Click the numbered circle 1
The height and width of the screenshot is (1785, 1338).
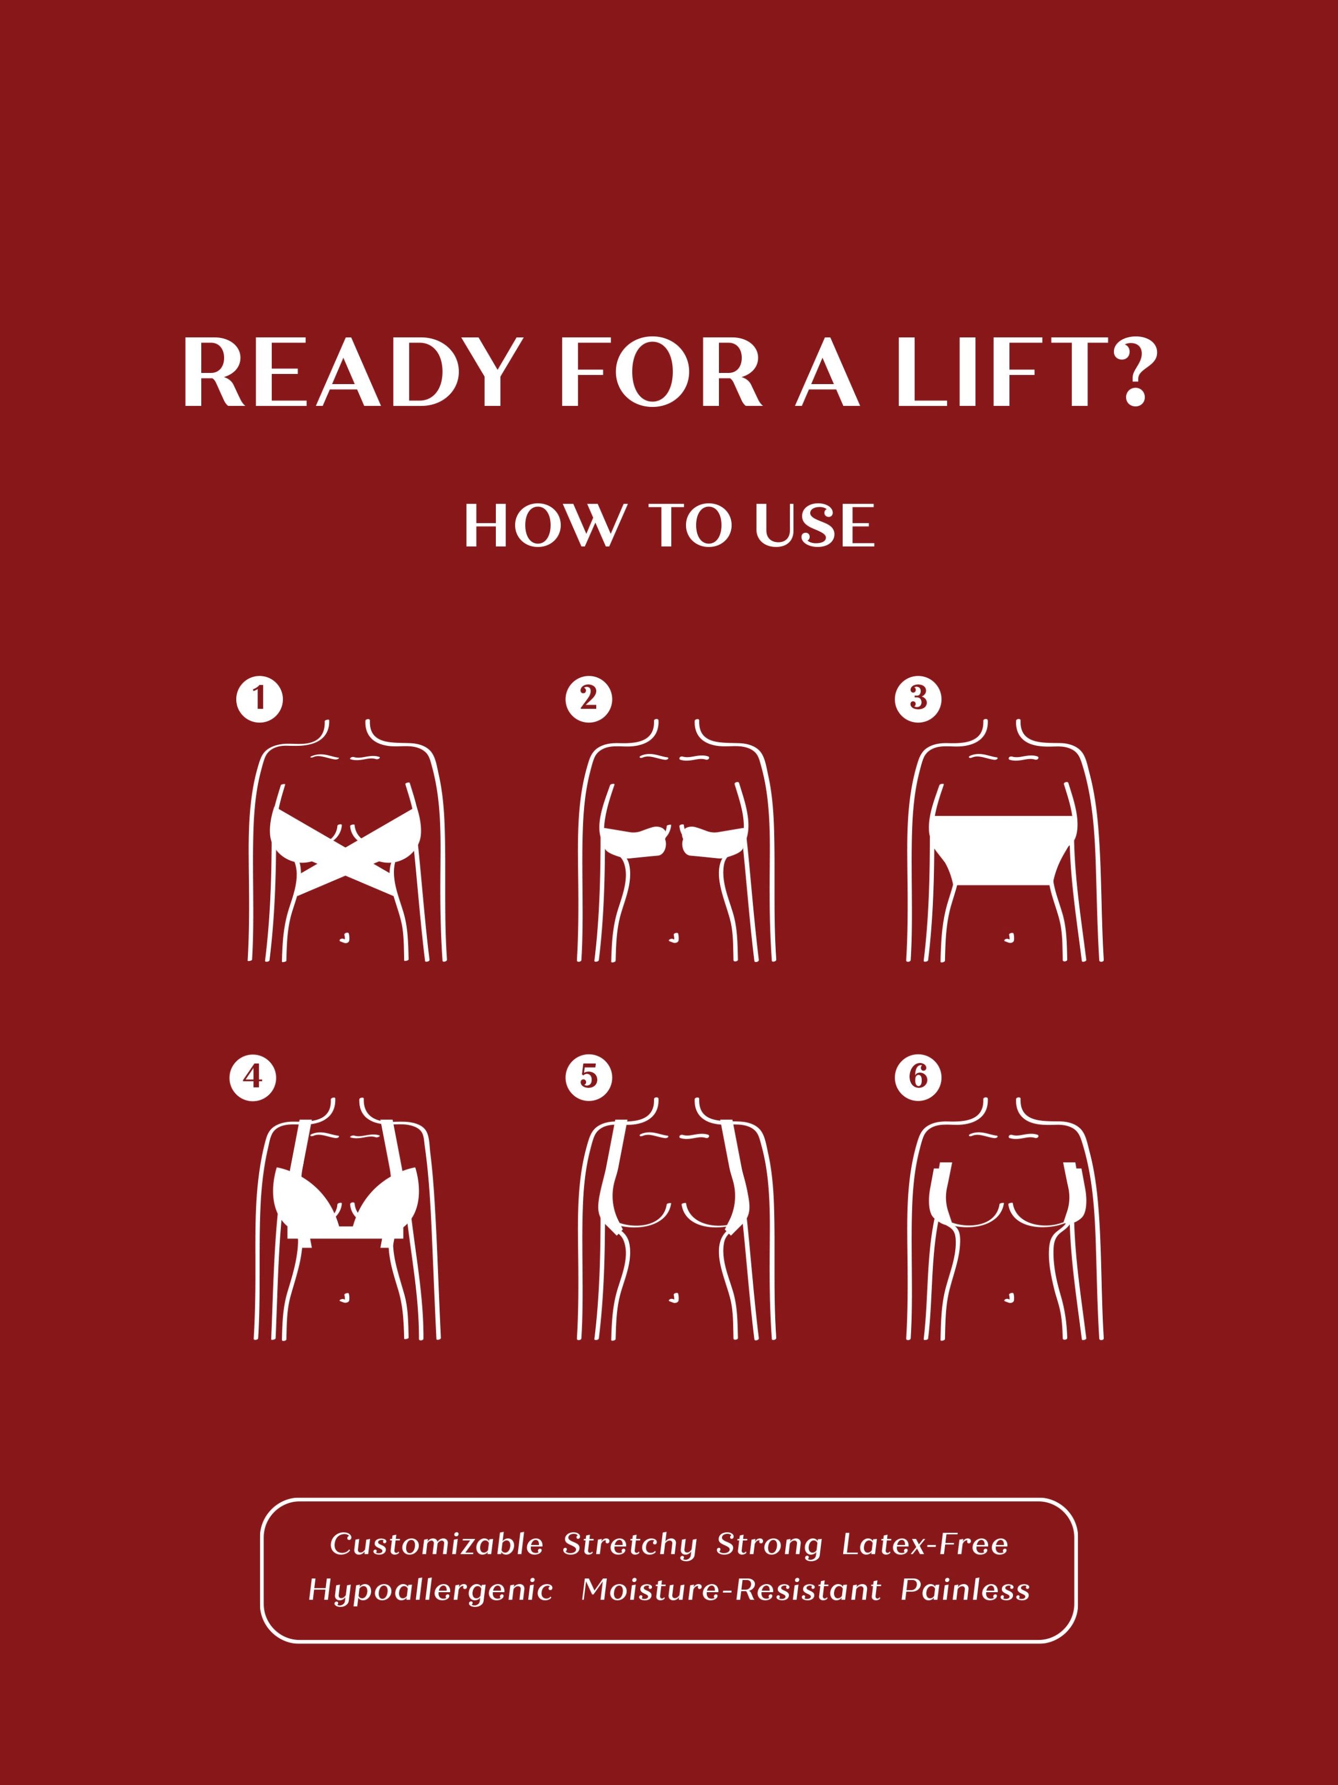pyautogui.click(x=259, y=699)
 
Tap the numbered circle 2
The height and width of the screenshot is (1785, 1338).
pyautogui.click(x=589, y=699)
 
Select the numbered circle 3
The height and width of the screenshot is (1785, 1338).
pyautogui.click(x=918, y=699)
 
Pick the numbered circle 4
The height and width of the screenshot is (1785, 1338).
pyautogui.click(x=252, y=1077)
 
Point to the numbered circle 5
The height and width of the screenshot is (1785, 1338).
pyautogui.click(x=589, y=1077)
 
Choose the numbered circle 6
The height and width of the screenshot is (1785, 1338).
pyautogui.click(x=918, y=1077)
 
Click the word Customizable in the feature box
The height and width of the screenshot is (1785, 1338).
pyautogui.click(x=436, y=1544)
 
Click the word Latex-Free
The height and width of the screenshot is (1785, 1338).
pyautogui.click(x=925, y=1544)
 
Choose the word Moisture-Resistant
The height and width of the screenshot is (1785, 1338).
pyautogui.click(x=731, y=1589)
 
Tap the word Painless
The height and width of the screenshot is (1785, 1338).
pyautogui.click(x=965, y=1589)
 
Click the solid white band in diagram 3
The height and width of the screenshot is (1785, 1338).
pyautogui.click(x=1004, y=851)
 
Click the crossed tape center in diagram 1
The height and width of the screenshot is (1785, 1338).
pyautogui.click(x=347, y=858)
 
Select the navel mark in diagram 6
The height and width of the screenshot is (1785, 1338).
pyautogui.click(x=1009, y=1298)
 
